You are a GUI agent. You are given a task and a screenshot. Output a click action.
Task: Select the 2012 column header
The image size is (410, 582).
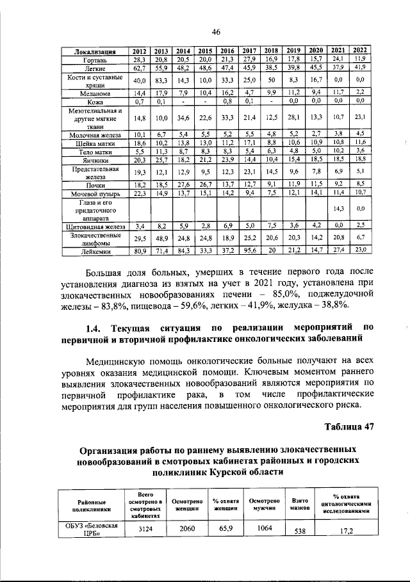coord(139,51)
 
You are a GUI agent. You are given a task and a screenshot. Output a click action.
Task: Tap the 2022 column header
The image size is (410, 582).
coord(360,51)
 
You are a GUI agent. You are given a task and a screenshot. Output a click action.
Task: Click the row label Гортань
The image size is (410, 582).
coord(95,60)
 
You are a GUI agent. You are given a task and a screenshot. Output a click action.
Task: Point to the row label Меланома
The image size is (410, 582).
coord(95,93)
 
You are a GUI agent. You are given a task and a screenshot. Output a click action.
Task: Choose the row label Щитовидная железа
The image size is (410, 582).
coord(95,226)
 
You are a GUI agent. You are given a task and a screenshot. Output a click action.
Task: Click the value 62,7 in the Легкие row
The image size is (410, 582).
coord(139,67)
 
